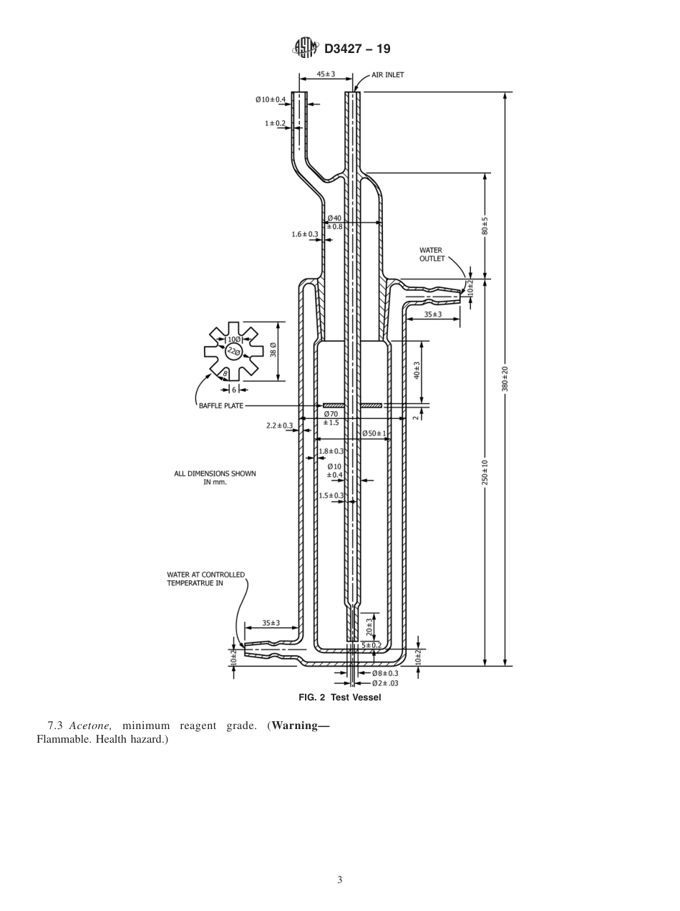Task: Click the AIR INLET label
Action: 387,74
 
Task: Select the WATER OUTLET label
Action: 432,254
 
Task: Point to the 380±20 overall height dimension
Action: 505,378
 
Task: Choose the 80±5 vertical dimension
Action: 485,226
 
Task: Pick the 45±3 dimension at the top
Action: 326,74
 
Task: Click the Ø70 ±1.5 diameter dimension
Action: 331,418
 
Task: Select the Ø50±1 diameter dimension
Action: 374,433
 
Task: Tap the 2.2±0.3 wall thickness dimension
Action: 279,425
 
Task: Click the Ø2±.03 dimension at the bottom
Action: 385,683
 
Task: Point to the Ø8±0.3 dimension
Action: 385,673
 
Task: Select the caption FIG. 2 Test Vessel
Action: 339,698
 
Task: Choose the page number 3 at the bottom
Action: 340,880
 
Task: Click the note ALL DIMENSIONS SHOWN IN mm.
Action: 215,478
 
